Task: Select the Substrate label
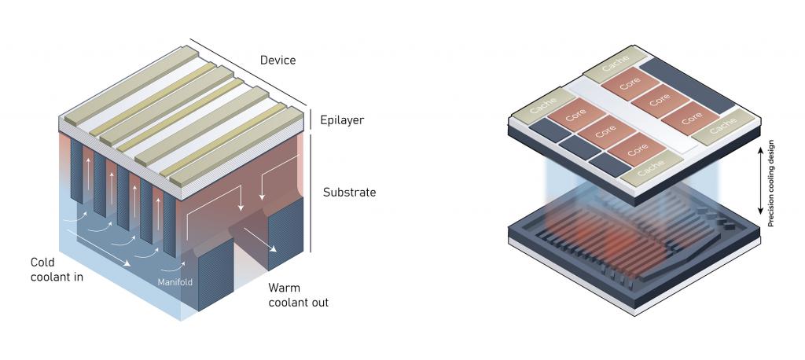coord(349,192)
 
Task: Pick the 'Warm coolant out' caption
coord(298,295)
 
